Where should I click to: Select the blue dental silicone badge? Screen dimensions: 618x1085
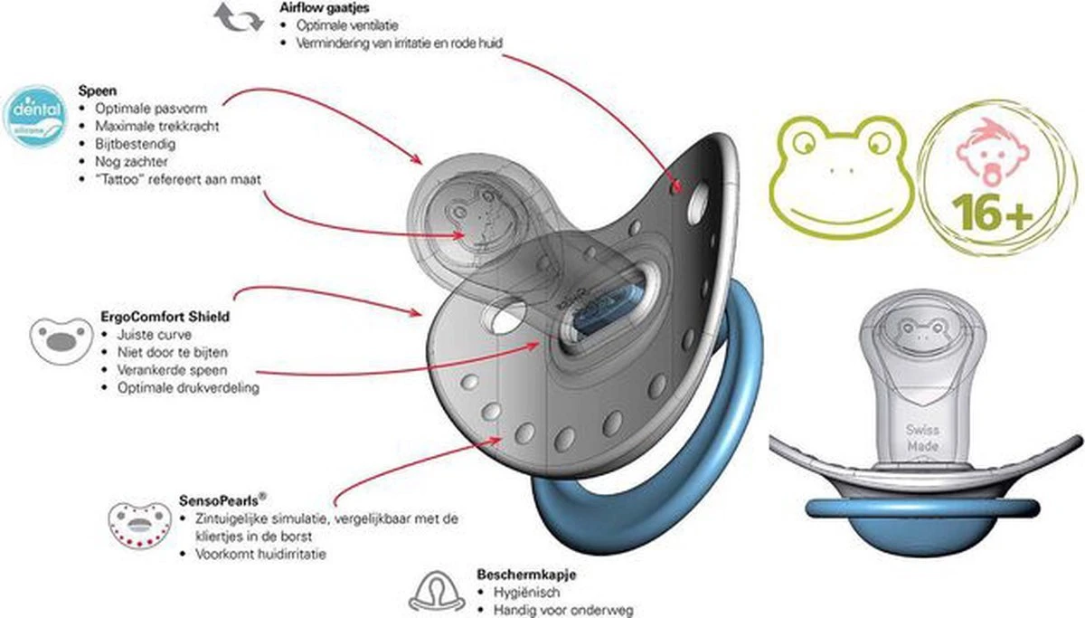(x=34, y=114)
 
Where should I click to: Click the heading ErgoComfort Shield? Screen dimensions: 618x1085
(x=154, y=318)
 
